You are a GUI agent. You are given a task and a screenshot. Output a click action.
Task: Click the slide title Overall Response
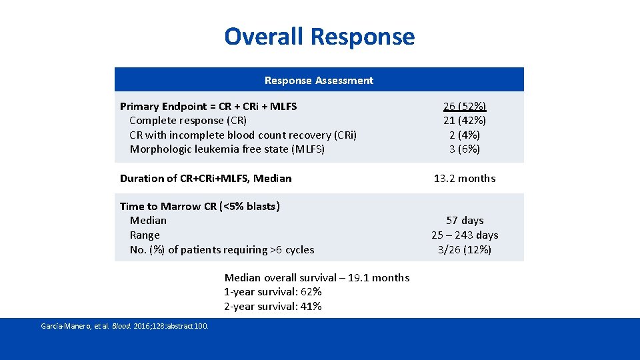click(319, 36)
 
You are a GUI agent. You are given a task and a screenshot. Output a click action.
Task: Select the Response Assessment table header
click(319, 81)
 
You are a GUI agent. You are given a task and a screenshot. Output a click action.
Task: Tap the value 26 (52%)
click(465, 106)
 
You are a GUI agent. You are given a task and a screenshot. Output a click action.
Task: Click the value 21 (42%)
click(465, 121)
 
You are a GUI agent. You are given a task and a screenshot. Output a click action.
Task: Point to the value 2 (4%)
click(465, 135)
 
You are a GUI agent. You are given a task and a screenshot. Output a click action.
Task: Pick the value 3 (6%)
click(465, 149)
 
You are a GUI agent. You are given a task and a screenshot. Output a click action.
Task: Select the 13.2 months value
click(465, 179)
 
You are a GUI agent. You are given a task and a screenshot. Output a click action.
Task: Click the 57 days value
click(465, 221)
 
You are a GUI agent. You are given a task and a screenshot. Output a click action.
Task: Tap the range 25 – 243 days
click(465, 235)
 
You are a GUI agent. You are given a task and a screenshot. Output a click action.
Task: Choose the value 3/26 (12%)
click(465, 250)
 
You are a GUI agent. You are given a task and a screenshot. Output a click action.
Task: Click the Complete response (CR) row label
click(188, 121)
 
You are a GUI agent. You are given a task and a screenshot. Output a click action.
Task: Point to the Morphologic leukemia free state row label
click(227, 149)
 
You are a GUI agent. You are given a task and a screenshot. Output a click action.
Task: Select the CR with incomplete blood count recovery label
click(243, 135)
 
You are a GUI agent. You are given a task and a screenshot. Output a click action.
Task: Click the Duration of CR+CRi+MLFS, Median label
click(205, 179)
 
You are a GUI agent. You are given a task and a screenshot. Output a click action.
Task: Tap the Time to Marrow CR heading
click(199, 207)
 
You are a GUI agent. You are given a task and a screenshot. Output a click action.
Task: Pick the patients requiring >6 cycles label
click(222, 250)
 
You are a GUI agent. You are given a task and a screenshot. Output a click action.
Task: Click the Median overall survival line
click(317, 278)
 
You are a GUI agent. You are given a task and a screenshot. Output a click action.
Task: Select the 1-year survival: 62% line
click(273, 292)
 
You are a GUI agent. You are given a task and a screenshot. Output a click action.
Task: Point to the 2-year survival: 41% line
click(273, 307)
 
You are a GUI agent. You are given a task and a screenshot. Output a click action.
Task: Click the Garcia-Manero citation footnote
click(125, 326)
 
